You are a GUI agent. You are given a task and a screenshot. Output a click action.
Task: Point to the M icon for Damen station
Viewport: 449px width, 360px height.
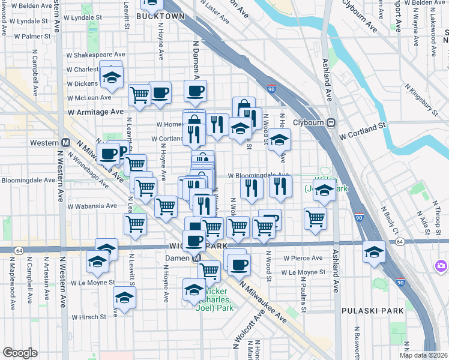coord(196,257)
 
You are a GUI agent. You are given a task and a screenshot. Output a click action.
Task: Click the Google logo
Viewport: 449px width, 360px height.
coord(20,353)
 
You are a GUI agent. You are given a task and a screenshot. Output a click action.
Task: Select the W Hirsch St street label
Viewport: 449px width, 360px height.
coord(89,317)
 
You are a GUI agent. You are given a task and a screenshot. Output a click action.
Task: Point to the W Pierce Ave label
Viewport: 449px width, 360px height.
coord(304,258)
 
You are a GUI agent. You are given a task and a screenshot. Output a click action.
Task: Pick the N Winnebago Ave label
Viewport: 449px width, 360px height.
coord(87,170)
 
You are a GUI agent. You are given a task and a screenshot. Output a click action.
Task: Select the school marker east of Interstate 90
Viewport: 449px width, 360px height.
coord(374,252)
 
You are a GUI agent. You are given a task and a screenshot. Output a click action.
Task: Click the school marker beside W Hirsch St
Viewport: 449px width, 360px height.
coord(124,298)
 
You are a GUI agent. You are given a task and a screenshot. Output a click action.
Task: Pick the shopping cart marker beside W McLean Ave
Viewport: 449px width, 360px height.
coord(139,94)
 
